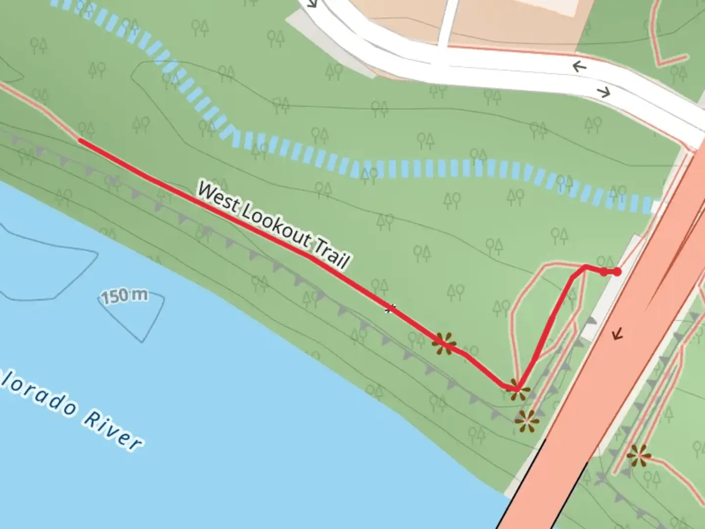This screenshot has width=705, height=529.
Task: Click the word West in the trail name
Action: point(218,197)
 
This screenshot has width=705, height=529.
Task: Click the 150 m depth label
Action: point(125,296)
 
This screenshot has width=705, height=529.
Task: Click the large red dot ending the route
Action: point(617,271)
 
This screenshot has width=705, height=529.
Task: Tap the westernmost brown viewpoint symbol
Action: point(444,343)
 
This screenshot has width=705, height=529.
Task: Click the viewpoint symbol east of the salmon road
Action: point(638,456)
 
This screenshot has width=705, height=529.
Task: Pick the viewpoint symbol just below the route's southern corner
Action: point(527,421)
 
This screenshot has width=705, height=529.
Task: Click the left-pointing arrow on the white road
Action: point(580,66)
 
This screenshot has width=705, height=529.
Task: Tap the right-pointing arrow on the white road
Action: point(604,92)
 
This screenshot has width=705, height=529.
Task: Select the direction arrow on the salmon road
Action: point(618,335)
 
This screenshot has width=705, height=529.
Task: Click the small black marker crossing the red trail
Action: point(390,309)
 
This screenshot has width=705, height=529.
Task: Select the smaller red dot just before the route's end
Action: point(604,271)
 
